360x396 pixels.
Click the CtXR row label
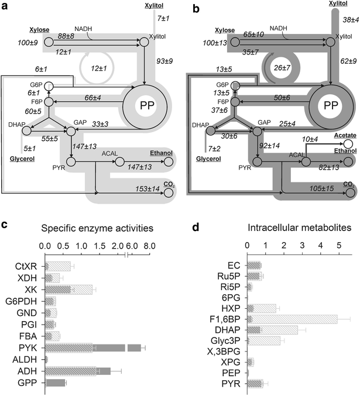pyautogui.click(x=27, y=266)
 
